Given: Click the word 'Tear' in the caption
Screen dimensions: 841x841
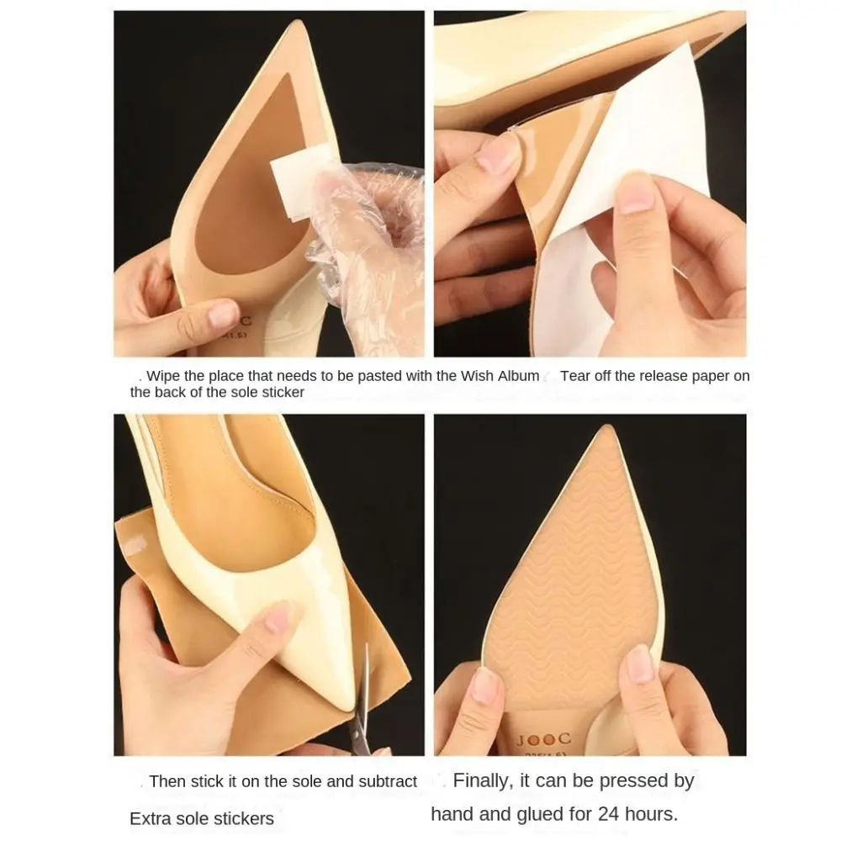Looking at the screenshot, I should tap(575, 376).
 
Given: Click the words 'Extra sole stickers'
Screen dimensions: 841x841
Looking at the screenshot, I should tap(202, 818).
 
